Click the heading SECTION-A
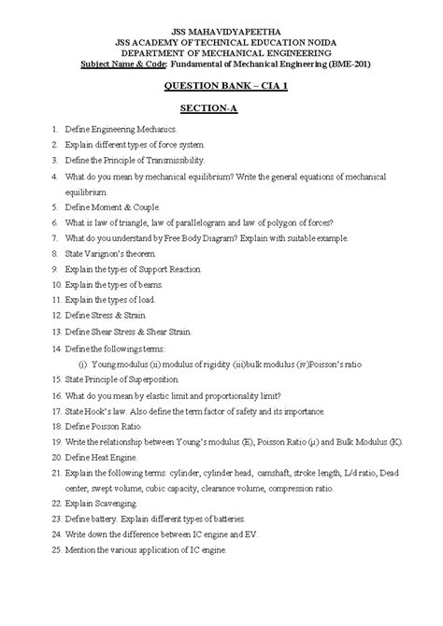221,108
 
